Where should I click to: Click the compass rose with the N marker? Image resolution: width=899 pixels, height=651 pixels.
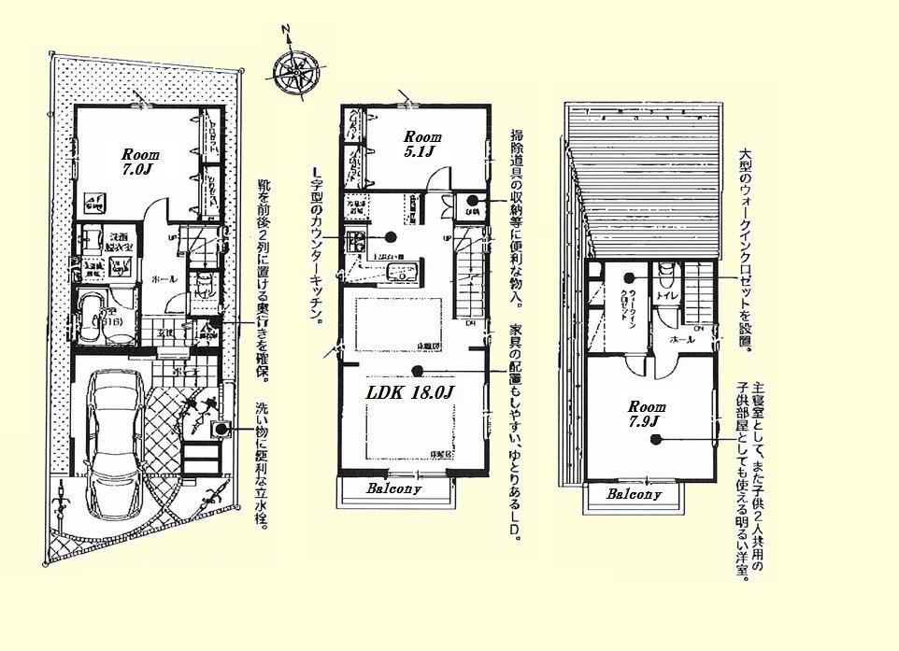coord(296,70)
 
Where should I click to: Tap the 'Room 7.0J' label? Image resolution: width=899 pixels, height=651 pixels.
coord(140,163)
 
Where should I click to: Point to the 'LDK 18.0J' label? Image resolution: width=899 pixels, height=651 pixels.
coord(409,393)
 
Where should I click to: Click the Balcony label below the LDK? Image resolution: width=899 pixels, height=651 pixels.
coord(393,488)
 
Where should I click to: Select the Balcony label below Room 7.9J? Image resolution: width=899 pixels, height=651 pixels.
coord(634,494)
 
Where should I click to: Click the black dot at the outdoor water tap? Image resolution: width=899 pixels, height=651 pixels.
coord(221,430)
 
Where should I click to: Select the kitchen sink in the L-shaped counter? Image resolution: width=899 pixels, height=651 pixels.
coord(404,274)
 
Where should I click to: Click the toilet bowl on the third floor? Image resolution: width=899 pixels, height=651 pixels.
coord(665,274)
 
